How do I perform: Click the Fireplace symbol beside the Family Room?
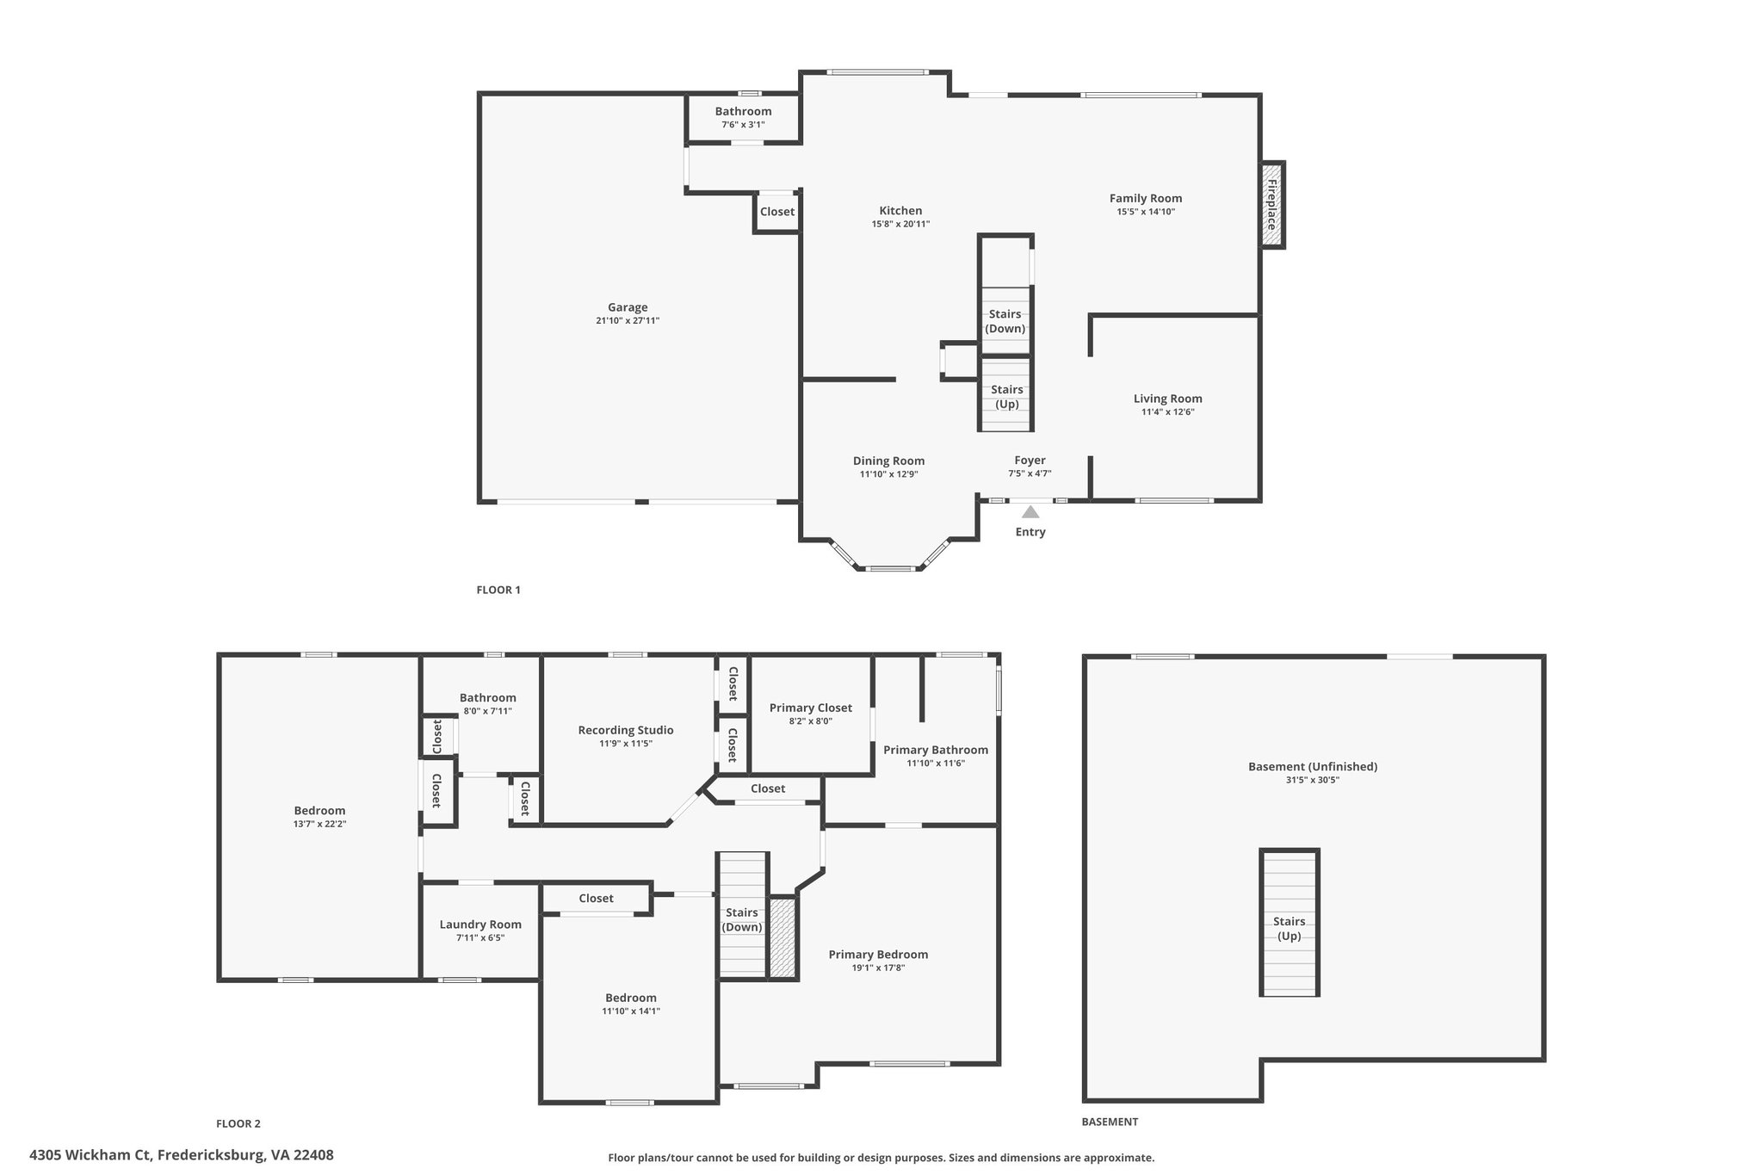[x=1272, y=205]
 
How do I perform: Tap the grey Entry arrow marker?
[x=1030, y=512]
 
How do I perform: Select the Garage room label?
[x=628, y=307]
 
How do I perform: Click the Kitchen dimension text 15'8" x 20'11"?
[x=900, y=225]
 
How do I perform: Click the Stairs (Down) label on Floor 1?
[x=1005, y=321]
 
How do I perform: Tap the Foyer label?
[x=1030, y=461]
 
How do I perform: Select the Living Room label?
[x=1168, y=399]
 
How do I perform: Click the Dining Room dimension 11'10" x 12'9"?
[x=889, y=474]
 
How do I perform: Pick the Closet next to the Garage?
[x=777, y=212]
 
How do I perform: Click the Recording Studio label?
[x=626, y=730]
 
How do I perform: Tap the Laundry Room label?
[x=480, y=925]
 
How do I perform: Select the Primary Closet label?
[x=811, y=708]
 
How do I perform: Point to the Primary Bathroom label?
[x=936, y=750]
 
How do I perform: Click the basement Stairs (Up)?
[x=1290, y=923]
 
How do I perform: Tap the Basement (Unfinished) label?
[x=1313, y=766]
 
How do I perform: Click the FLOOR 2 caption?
[x=238, y=1123]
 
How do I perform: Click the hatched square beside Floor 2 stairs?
[x=783, y=937]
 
